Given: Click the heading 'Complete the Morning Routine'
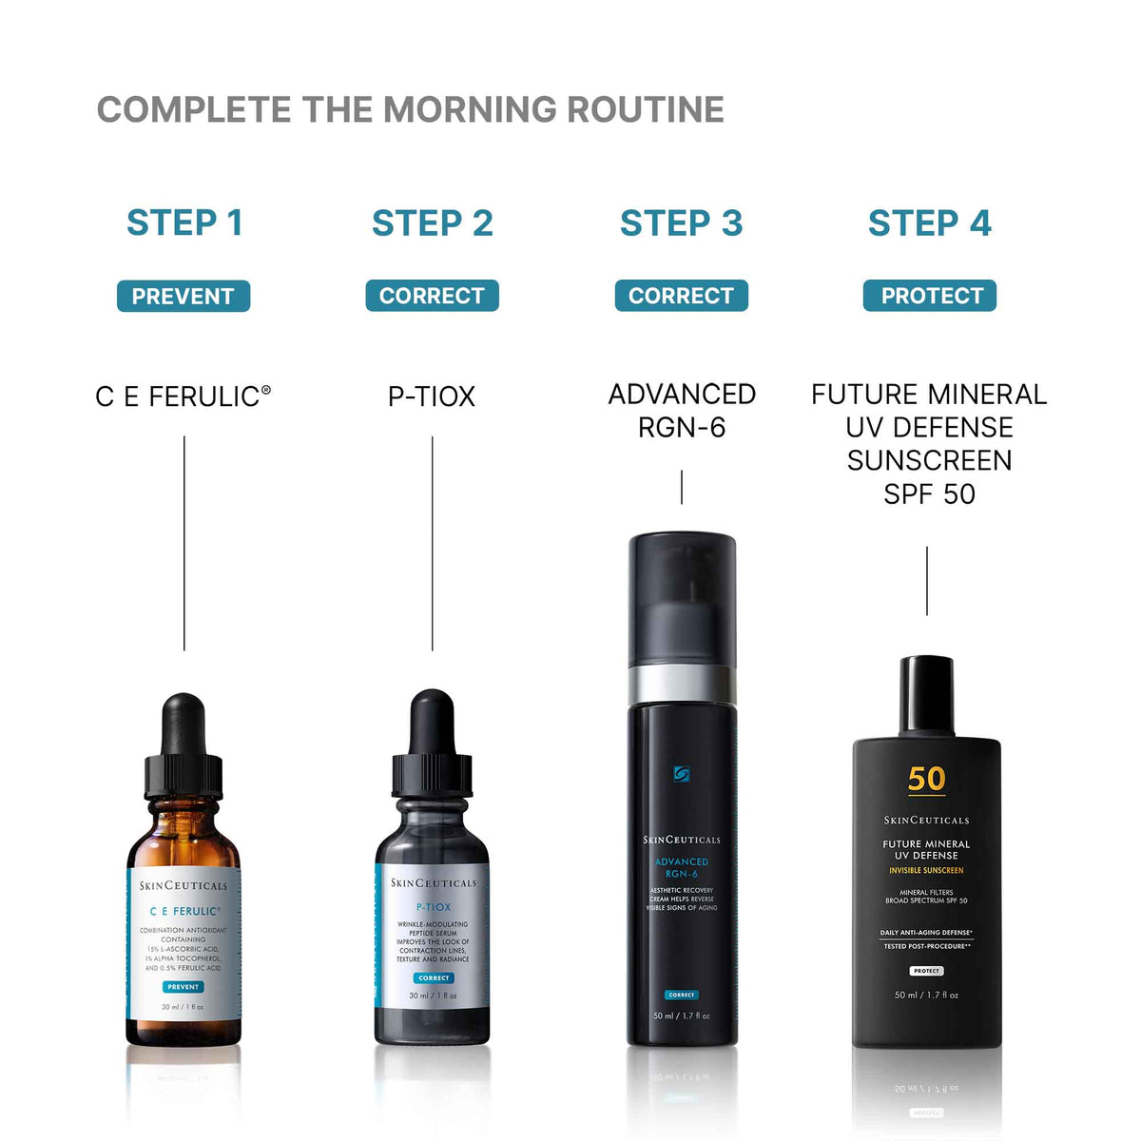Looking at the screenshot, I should click(x=410, y=110).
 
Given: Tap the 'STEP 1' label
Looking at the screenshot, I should click(x=184, y=223).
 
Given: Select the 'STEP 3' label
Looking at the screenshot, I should click(x=681, y=223).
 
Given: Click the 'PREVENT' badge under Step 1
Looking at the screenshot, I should click(x=183, y=297).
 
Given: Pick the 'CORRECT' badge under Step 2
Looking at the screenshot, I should click(x=432, y=297).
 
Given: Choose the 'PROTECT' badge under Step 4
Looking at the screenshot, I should click(x=930, y=297).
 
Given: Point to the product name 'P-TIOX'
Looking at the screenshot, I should click(x=432, y=396).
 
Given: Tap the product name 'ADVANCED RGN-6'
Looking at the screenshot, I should click(x=682, y=411).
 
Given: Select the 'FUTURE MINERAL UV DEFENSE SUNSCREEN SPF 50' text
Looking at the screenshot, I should click(x=929, y=444).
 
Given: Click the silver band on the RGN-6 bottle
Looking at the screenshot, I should click(x=682, y=683).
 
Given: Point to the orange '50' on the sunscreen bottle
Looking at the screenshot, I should click(x=926, y=780).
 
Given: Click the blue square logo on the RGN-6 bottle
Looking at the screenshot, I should click(x=682, y=774).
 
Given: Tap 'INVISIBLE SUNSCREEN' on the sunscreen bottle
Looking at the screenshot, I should click(x=926, y=870).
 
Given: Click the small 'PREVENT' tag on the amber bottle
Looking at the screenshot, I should click(x=183, y=987).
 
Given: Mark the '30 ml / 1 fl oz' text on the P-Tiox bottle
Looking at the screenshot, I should click(x=433, y=996).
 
